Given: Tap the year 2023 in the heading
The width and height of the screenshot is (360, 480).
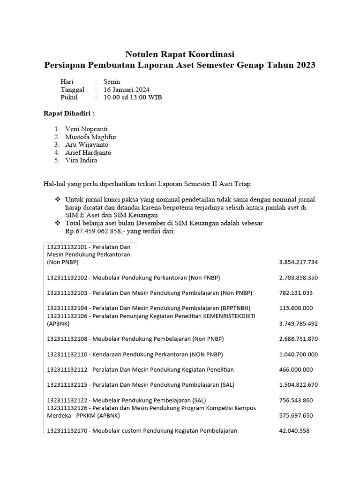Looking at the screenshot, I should pos(306,65).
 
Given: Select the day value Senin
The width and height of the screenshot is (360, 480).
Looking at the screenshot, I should pos(112,82).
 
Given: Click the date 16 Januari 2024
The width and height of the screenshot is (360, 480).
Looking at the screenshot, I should pos(127,90).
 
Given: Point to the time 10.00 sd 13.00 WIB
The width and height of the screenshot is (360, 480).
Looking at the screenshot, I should pos(133,97).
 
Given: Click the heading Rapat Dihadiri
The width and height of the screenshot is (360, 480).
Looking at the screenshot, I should pos(69,113).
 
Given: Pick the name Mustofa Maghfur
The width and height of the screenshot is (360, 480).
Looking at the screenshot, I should pos(91,137).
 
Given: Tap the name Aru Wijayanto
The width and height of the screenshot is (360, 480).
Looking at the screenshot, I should pos(87,145).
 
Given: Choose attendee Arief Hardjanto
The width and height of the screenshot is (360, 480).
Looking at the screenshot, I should pos(88,152).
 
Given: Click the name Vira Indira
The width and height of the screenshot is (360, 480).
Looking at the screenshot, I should pos(82,160).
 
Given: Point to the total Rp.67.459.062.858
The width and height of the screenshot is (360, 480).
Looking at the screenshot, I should pos(93,232).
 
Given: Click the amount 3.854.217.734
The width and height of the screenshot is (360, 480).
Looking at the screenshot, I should pos(298,262).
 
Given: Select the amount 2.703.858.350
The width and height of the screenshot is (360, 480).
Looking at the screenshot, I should pos(298,277).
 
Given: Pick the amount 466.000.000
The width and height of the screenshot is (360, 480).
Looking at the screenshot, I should pos(295,370).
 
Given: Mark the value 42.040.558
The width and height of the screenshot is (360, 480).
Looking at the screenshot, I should pos(294,431).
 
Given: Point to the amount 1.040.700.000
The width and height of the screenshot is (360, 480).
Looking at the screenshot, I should pos(298,354).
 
